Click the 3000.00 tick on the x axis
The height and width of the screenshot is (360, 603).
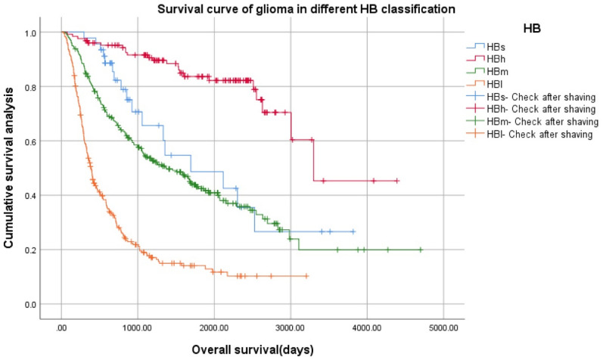coord(291,329)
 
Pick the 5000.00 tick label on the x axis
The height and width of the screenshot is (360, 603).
coord(443,329)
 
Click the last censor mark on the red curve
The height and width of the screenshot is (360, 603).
coord(396,181)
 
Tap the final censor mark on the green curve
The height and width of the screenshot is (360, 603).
coord(420,250)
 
